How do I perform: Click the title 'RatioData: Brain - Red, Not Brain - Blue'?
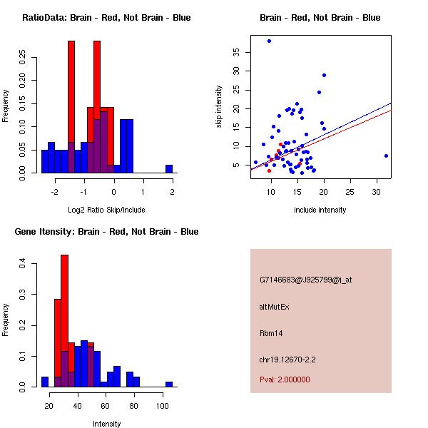pos(106,18)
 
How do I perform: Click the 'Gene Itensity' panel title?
pos(106,232)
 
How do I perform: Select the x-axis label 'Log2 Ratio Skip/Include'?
pos(106,210)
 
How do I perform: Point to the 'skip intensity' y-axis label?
pos(220,107)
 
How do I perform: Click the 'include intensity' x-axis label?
pos(320,210)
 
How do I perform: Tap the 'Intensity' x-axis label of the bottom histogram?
pos(106,424)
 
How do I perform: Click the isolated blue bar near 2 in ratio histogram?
pos(169,169)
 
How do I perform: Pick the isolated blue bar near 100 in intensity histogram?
pos(169,384)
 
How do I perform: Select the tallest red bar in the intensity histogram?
pos(64,321)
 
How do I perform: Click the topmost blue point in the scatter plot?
pos(269,41)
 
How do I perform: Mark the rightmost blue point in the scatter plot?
pos(386,156)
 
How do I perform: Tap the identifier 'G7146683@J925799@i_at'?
pos(305,280)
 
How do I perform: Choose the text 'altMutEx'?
pos(274,307)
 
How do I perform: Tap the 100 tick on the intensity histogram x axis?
pos(163,405)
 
